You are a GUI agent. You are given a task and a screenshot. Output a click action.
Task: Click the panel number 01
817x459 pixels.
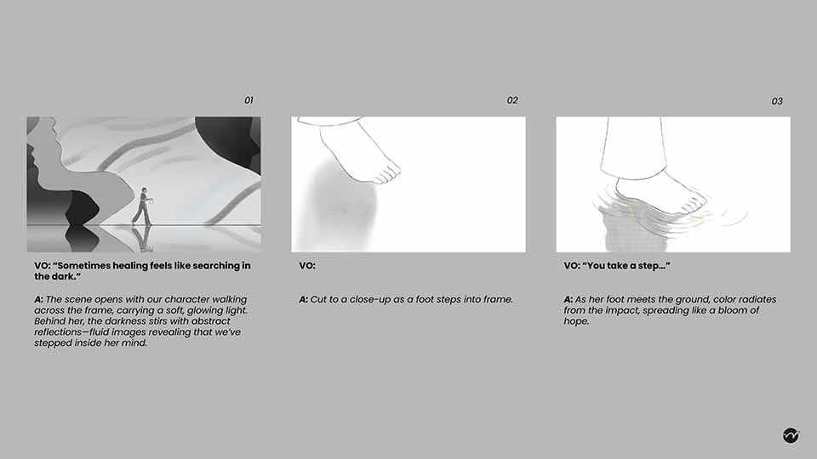[249, 100]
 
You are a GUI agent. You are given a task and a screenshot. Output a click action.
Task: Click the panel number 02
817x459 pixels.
[512, 100]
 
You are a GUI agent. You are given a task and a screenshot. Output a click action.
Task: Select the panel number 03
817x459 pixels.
[777, 101]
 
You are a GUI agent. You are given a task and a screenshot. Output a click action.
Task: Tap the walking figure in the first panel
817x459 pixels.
[142, 206]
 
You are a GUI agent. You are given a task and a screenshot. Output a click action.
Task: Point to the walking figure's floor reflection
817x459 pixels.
[142, 239]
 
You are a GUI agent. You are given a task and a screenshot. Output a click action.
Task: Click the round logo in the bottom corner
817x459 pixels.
[791, 435]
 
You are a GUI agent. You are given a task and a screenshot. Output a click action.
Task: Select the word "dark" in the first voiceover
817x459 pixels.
[63, 276]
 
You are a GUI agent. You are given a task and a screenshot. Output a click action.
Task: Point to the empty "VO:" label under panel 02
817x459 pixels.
[307, 266]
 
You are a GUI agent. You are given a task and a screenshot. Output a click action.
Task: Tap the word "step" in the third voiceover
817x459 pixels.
[648, 266]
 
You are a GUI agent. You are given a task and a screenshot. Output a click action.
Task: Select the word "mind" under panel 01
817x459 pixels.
[134, 343]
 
